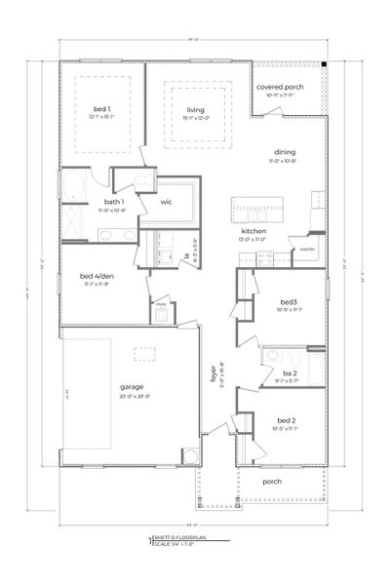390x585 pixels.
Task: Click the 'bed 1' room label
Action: point(102,108)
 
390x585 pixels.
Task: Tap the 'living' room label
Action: point(195,110)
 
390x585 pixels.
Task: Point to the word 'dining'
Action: point(284,152)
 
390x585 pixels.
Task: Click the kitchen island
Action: point(254,209)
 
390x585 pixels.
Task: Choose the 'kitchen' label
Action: point(253,232)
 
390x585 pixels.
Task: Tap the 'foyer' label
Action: point(214,370)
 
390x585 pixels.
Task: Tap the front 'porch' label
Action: point(274,482)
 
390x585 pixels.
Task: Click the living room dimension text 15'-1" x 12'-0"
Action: point(195,118)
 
